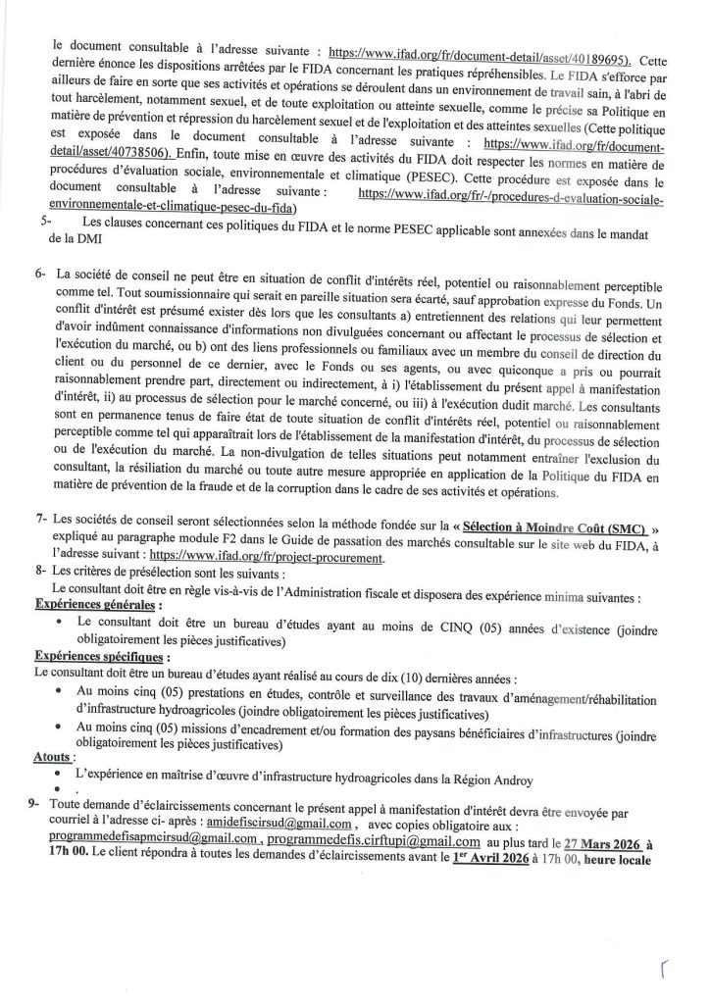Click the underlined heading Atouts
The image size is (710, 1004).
click(52, 757)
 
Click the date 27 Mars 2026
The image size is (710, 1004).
click(607, 840)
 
